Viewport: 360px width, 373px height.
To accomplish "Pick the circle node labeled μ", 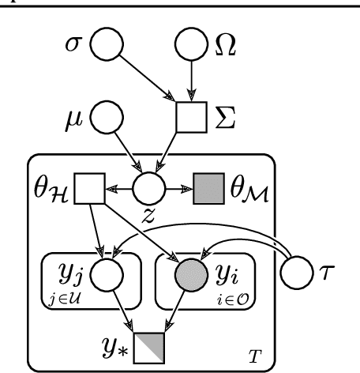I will click(x=105, y=120).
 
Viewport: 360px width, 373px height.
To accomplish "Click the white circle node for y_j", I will click(x=105, y=275).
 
